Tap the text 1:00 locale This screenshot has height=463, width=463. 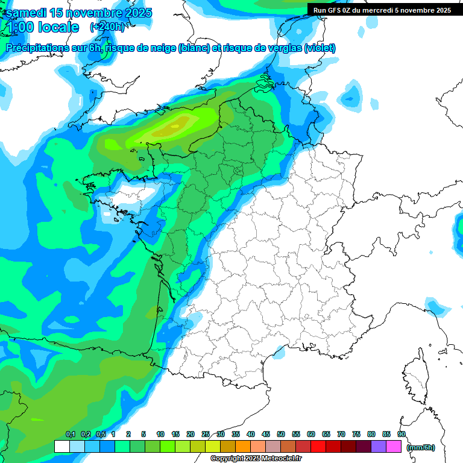point(42,27)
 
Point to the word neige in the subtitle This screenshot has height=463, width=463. point(162,48)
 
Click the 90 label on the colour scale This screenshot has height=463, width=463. point(402,434)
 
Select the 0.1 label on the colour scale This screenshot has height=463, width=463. point(70,434)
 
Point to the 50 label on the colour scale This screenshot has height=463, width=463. point(281,434)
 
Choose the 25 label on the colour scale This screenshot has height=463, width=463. point(206,434)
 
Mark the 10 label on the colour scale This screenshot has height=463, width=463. point(160,434)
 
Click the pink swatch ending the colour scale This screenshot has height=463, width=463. point(394,446)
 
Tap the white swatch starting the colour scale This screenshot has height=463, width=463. point(62,446)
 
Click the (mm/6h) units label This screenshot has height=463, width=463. point(421,447)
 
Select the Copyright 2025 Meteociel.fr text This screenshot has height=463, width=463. point(256,459)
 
